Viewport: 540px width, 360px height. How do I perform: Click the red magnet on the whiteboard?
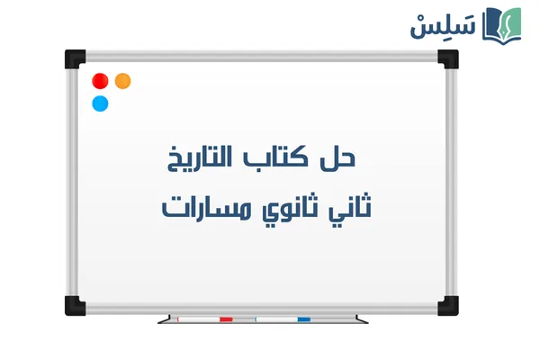pos(100,81)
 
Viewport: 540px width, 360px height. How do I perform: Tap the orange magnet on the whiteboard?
pos(123,81)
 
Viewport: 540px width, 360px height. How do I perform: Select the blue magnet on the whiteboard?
pos(100,103)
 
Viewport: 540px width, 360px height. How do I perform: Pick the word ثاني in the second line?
pos(350,207)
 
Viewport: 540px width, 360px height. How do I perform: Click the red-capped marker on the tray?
pos(205,319)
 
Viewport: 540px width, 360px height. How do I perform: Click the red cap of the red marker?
pos(226,319)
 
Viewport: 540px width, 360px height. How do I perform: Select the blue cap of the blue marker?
pos(303,319)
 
